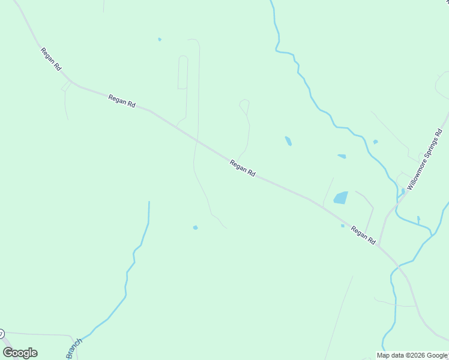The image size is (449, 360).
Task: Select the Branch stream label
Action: [74, 348]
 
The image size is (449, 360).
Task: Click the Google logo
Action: [20, 353]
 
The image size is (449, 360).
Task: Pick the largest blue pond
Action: [340, 197]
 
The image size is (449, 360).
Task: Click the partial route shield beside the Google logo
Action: [2, 333]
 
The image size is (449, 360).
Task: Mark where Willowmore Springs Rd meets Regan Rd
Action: [379, 246]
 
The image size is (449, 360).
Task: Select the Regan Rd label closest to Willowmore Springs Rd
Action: [363, 235]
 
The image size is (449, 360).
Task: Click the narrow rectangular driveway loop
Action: [182, 72]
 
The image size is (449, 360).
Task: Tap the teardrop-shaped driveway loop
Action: [244, 106]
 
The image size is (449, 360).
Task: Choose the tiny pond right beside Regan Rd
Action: [343, 226]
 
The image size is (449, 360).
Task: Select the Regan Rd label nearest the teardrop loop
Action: [243, 167]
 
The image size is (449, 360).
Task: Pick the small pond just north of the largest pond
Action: [342, 156]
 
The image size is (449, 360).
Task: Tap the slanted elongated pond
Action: [288, 141]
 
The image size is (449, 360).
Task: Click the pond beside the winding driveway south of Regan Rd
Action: [195, 227]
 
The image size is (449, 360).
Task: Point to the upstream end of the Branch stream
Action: [149, 202]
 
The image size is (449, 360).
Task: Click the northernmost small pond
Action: [160, 40]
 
